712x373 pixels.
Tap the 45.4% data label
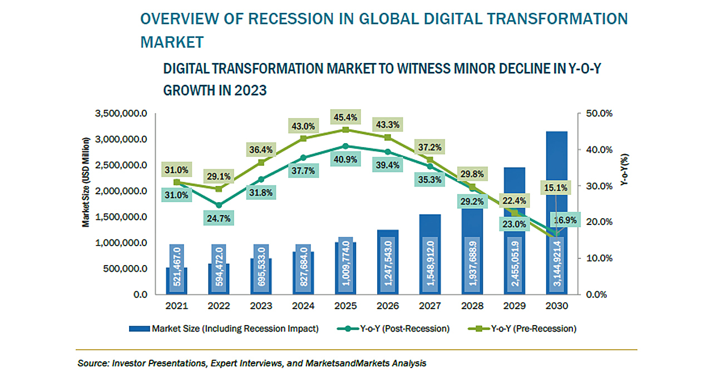coord(345,118)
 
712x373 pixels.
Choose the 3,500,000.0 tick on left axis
coord(121,114)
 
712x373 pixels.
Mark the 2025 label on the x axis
coord(345,306)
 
